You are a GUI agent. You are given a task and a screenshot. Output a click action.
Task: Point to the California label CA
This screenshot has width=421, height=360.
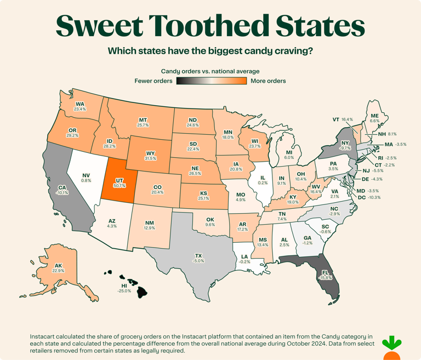[62, 187]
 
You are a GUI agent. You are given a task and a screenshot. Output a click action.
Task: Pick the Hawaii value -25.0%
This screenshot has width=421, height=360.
[124, 291]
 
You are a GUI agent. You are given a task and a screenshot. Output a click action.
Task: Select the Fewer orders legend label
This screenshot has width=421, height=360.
[153, 81]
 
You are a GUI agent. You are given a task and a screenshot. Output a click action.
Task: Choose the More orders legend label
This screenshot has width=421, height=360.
[268, 81]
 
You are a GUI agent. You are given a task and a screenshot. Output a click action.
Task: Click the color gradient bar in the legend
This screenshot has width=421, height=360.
[210, 81]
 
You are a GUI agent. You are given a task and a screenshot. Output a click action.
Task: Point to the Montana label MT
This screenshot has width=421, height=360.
[143, 119]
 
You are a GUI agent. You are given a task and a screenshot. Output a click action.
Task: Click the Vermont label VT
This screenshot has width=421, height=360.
[336, 119]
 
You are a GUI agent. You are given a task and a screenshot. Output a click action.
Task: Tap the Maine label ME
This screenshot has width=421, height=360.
[375, 116]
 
